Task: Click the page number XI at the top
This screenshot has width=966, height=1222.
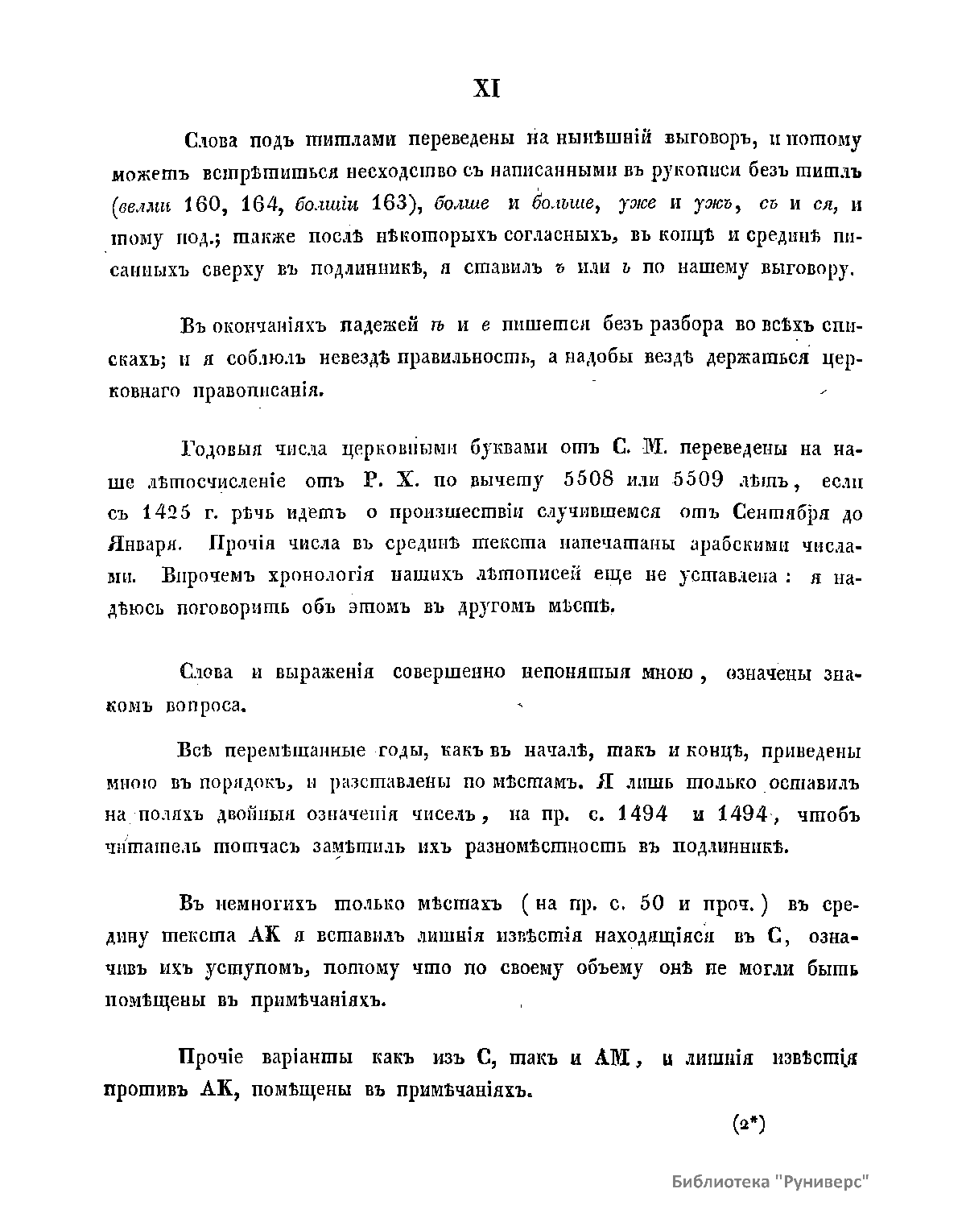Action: (485, 88)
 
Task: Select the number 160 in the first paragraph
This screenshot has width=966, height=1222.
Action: (208, 205)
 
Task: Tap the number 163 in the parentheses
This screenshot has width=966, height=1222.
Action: (394, 205)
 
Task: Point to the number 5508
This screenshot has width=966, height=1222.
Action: (579, 480)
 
